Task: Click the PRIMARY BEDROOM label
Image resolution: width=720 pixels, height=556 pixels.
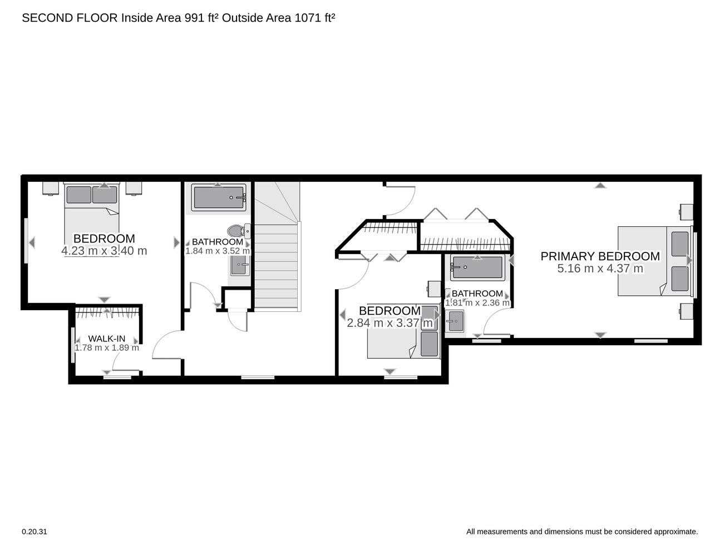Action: pyautogui.click(x=600, y=256)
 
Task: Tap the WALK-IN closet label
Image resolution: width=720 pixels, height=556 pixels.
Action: pyautogui.click(x=107, y=339)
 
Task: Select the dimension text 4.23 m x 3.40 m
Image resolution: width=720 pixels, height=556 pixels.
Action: pyautogui.click(x=104, y=251)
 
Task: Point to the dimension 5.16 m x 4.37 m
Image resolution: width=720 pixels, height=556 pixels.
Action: pyautogui.click(x=600, y=269)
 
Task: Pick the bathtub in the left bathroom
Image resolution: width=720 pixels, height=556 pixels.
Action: pyautogui.click(x=219, y=197)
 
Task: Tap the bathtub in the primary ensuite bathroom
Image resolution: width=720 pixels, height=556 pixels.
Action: pyautogui.click(x=477, y=267)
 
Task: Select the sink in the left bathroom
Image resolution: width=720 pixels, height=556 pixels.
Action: pyautogui.click(x=240, y=265)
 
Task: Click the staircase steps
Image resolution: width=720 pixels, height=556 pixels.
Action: pyautogui.click(x=277, y=266)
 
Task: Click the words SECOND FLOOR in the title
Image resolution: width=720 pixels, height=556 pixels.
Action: pyautogui.click(x=70, y=18)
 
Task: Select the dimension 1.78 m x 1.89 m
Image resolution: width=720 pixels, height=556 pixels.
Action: pyautogui.click(x=107, y=348)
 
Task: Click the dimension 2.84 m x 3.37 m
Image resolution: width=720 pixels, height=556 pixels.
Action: pyautogui.click(x=389, y=323)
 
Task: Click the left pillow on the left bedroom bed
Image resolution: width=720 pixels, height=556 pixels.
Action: pyautogui.click(x=79, y=195)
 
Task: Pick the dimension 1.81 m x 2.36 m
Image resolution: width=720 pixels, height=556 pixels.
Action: pyautogui.click(x=477, y=303)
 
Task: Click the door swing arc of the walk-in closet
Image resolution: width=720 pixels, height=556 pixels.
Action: pyautogui.click(x=115, y=359)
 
